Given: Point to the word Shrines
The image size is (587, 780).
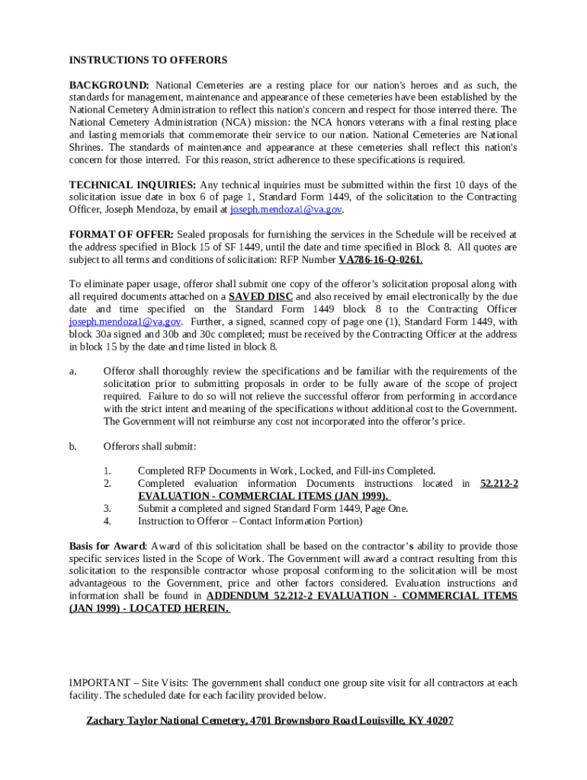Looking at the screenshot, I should [x=86, y=147].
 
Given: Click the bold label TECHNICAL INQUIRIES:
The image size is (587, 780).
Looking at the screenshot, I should [x=133, y=185].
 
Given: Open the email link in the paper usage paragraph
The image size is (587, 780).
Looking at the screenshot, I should [x=125, y=321].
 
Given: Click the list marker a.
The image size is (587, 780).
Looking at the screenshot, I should [x=72, y=372].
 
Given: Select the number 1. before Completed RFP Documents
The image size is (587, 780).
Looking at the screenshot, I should [x=108, y=471].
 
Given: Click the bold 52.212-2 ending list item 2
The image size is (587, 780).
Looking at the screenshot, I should [x=499, y=484].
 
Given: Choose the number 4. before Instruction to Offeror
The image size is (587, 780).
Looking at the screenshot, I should [x=108, y=521].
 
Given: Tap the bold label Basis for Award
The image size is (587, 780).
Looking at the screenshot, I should [x=107, y=546].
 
